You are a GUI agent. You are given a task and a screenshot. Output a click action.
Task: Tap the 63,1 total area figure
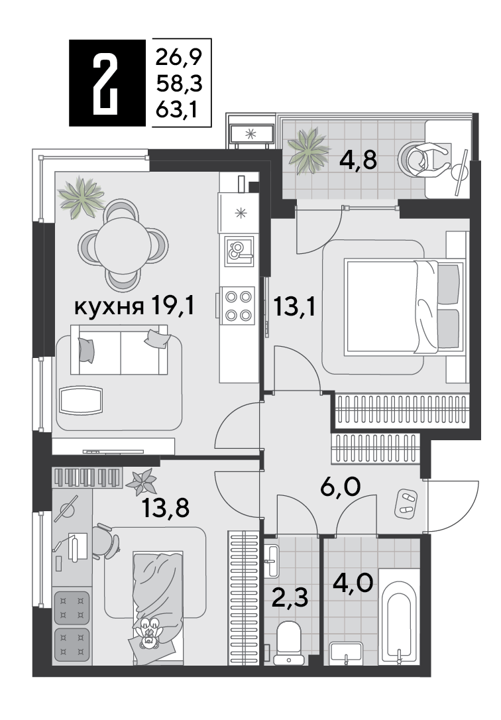click(x=177, y=110)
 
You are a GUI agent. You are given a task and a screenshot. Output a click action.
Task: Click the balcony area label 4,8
click(x=358, y=160)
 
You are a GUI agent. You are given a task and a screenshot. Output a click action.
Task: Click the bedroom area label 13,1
click(x=294, y=306)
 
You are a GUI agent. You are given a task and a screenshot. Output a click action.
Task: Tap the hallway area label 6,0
click(x=341, y=487)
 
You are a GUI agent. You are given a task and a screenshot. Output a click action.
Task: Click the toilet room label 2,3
click(x=290, y=598)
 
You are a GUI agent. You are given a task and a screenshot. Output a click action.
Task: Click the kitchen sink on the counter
click(x=239, y=251)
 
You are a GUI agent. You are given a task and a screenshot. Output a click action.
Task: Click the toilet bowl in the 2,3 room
click(x=289, y=643)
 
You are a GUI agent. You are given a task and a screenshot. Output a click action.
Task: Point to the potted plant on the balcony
click(x=309, y=150)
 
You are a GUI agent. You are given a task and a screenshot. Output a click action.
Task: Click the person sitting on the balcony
click(x=425, y=158)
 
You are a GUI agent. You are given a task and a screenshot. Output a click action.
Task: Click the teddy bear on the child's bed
click(x=148, y=632)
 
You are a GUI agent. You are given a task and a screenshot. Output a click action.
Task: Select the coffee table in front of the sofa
click(x=81, y=400)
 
